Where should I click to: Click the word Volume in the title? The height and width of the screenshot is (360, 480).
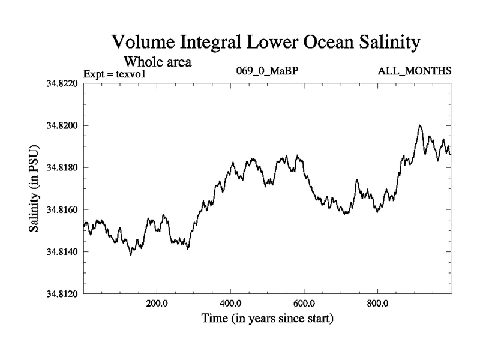(x=143, y=43)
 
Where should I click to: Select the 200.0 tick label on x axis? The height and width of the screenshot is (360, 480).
(x=157, y=303)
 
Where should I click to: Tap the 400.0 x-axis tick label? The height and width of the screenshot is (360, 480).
(x=230, y=303)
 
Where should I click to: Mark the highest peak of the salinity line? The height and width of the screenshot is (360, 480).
(x=420, y=125)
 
